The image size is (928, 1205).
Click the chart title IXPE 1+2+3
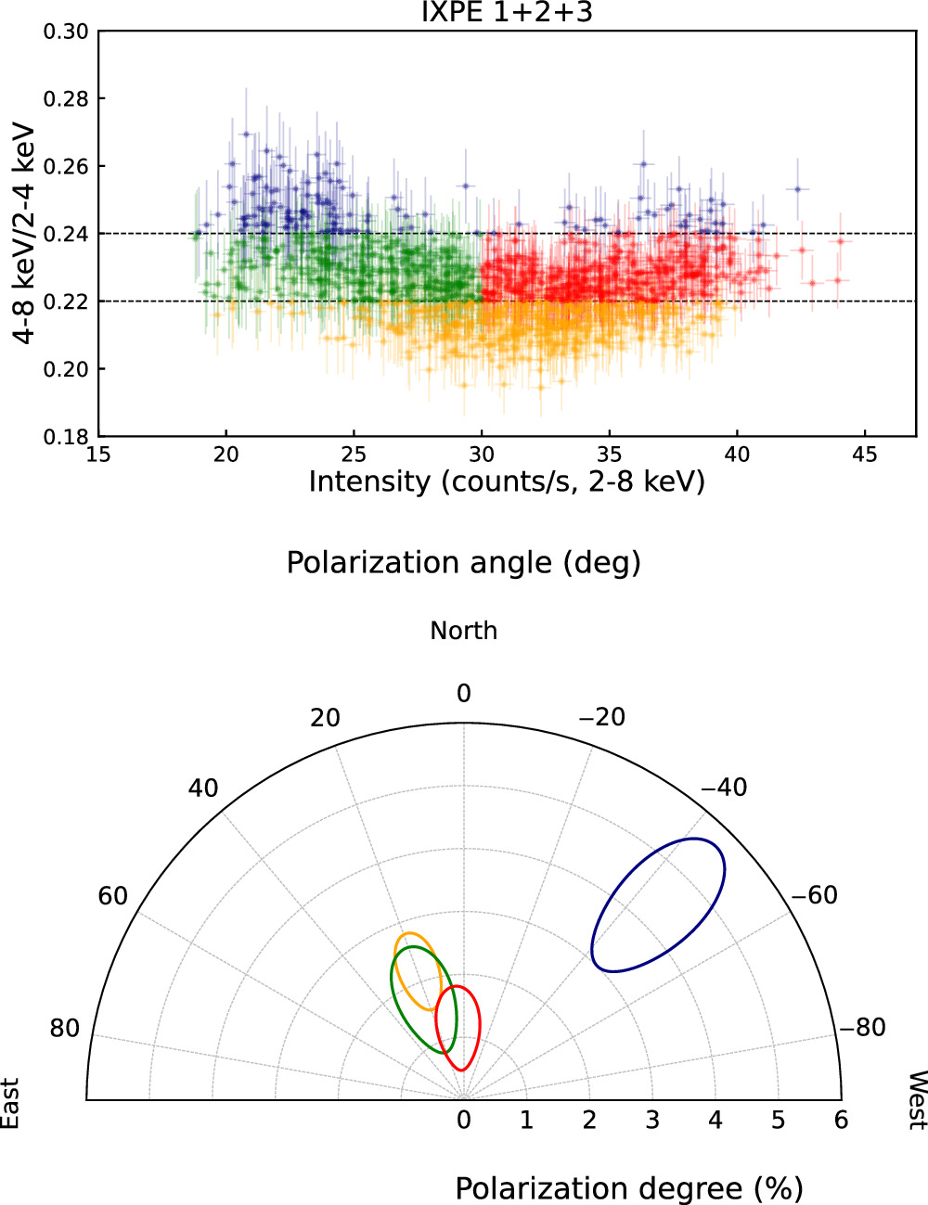(x=507, y=12)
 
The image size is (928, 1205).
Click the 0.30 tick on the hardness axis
(x=66, y=32)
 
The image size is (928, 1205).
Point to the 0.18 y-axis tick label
(x=66, y=437)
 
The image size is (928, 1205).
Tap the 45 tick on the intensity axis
(x=864, y=455)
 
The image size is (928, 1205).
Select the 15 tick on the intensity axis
(x=98, y=455)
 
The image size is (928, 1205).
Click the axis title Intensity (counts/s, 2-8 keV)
(x=507, y=482)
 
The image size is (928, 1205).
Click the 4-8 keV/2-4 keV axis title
(x=25, y=233)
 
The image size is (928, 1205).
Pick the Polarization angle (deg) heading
(x=463, y=563)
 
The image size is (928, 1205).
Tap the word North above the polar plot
(x=463, y=631)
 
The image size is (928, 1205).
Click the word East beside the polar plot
(x=10, y=1103)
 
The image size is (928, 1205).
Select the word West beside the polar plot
(x=916, y=1100)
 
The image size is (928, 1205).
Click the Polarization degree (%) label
(x=628, y=1188)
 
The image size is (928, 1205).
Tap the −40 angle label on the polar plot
(x=723, y=788)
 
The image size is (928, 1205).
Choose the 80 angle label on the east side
(x=65, y=1028)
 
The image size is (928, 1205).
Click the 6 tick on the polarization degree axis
(x=840, y=1121)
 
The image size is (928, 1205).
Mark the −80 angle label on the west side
(x=862, y=1027)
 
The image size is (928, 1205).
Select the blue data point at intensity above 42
(x=796, y=189)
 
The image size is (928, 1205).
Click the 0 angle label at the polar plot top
(x=463, y=694)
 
